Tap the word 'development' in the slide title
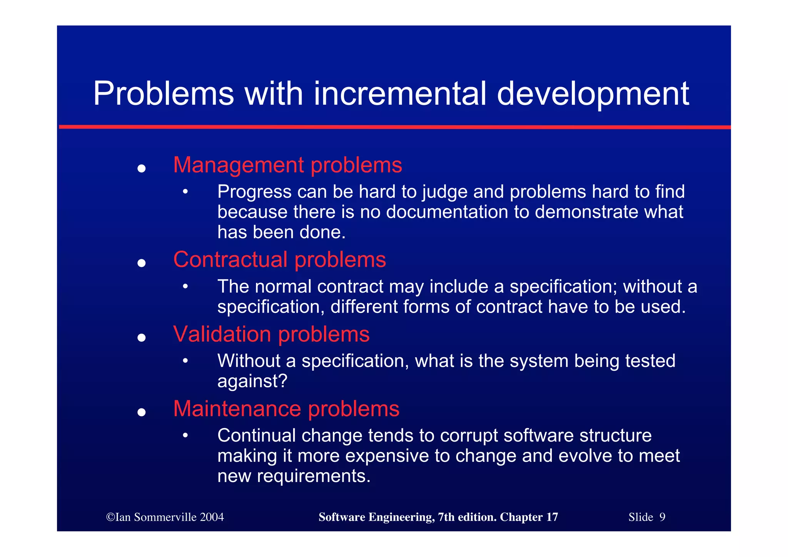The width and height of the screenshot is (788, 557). pyautogui.click(x=593, y=94)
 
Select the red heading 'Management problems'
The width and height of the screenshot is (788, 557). pyautogui.click(x=287, y=165)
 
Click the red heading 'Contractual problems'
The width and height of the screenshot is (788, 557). pyautogui.click(x=279, y=259)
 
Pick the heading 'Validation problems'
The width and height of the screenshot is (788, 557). pyautogui.click(x=271, y=334)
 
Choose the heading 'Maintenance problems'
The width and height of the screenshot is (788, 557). pyautogui.click(x=286, y=409)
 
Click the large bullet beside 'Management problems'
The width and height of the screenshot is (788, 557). pyautogui.click(x=142, y=168)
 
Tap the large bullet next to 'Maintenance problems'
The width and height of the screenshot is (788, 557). pyautogui.click(x=142, y=412)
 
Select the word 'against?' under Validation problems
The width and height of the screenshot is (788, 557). pyautogui.click(x=252, y=381)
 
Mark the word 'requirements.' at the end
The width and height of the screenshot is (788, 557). pyautogui.click(x=314, y=476)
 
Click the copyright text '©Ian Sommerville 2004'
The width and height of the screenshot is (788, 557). pyautogui.click(x=165, y=517)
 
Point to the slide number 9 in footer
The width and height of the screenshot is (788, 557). pyautogui.click(x=662, y=517)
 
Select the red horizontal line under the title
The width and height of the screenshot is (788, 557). pyautogui.click(x=395, y=127)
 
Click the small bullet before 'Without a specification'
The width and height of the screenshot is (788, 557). pyautogui.click(x=185, y=361)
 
